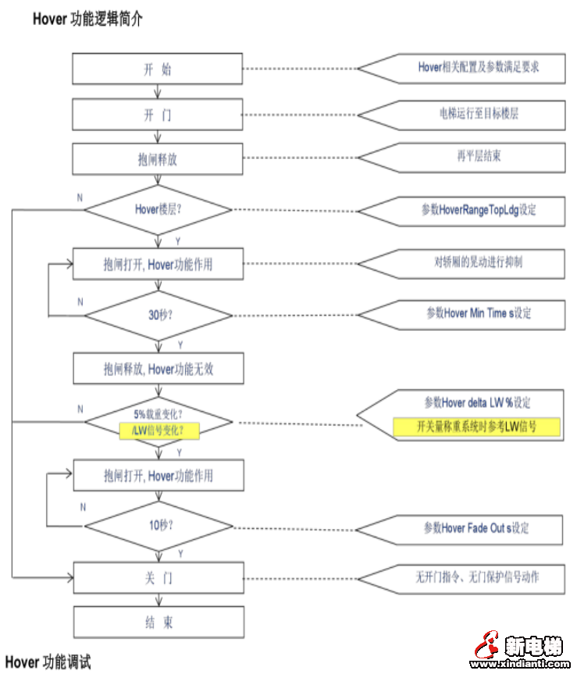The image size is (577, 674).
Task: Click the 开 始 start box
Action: [158, 69]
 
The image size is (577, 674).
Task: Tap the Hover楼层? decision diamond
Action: [158, 209]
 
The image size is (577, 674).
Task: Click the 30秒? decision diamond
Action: [158, 316]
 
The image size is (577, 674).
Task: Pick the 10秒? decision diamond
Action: [158, 525]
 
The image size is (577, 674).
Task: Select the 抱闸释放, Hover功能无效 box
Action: [158, 369]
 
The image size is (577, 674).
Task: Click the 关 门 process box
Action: [158, 578]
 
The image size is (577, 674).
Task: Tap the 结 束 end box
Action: [158, 623]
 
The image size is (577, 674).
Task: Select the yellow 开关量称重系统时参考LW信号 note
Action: [476, 426]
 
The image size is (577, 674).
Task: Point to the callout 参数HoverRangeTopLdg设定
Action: [477, 210]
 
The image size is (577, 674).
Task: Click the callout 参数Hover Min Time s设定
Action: [477, 313]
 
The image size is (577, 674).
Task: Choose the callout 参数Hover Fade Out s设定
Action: [477, 528]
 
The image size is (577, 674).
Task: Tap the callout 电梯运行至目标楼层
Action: [477, 114]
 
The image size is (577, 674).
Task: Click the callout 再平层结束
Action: [477, 156]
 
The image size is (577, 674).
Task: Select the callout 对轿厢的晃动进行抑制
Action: [477, 261]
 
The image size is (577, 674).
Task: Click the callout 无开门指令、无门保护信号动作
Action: [477, 577]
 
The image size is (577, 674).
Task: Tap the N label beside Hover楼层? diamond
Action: [80, 198]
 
